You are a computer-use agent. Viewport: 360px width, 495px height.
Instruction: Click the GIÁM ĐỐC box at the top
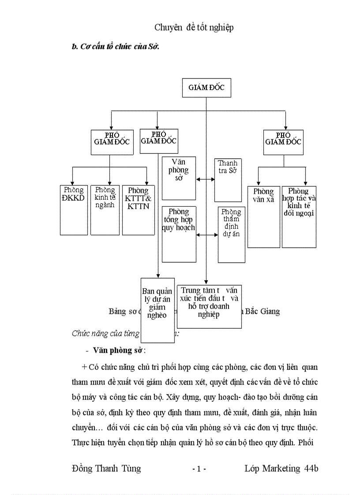click(206, 88)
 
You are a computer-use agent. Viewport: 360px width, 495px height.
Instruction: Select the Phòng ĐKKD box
click(74, 210)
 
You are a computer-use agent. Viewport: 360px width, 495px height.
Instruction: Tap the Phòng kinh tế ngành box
click(105, 210)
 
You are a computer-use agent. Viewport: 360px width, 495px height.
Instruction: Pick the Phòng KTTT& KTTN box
click(138, 210)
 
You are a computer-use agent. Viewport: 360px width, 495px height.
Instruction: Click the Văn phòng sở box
click(179, 178)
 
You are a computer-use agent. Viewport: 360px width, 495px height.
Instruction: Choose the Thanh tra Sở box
click(228, 180)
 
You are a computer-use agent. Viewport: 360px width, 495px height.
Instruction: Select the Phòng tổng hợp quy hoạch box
click(179, 234)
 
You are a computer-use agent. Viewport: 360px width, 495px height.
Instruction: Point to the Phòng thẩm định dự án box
click(232, 234)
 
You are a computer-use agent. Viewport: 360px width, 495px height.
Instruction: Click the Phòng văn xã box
click(263, 216)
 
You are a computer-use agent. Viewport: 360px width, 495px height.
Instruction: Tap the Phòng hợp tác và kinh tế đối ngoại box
click(299, 216)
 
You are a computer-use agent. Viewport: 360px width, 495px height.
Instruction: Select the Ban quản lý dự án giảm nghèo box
click(157, 310)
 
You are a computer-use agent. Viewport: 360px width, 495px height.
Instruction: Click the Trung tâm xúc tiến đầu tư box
click(209, 306)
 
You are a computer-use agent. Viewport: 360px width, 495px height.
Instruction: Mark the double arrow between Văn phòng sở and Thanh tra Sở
click(205, 179)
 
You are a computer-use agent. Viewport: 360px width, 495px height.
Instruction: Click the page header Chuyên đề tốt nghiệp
click(194, 27)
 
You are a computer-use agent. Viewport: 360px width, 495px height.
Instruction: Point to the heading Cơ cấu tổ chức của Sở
click(115, 47)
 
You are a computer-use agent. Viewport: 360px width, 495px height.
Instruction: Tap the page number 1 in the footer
click(199, 469)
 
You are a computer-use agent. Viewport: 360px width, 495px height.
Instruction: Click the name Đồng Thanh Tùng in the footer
click(106, 468)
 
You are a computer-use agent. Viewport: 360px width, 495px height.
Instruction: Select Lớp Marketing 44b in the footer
click(281, 468)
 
